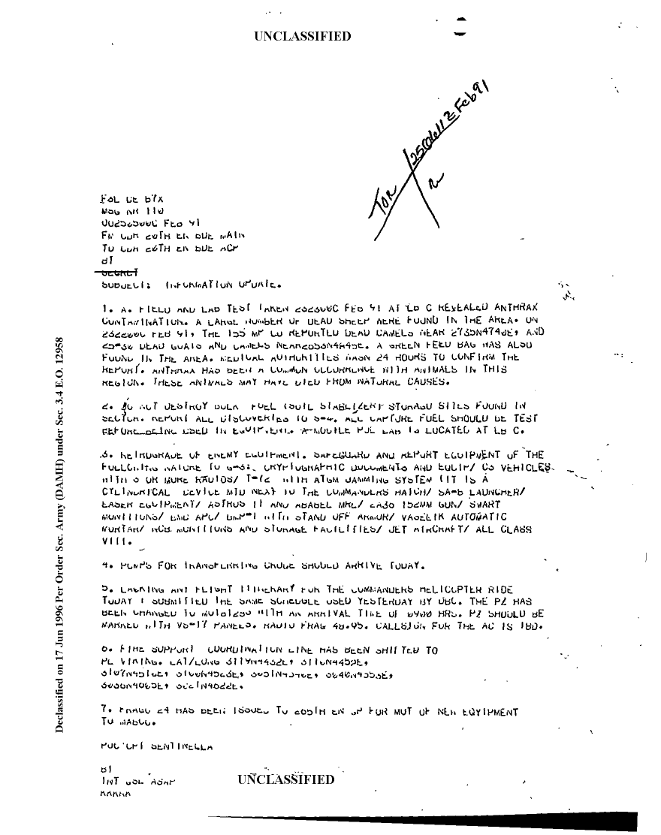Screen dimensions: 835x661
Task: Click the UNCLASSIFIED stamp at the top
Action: pos(303,36)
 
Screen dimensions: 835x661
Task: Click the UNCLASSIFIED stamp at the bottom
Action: pos(285,779)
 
